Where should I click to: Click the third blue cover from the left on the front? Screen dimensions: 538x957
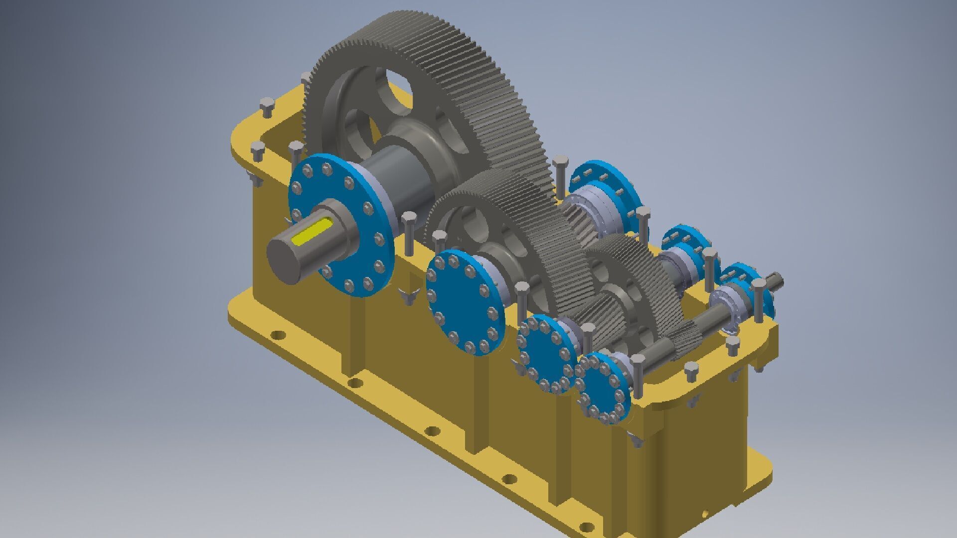(x=546, y=354)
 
